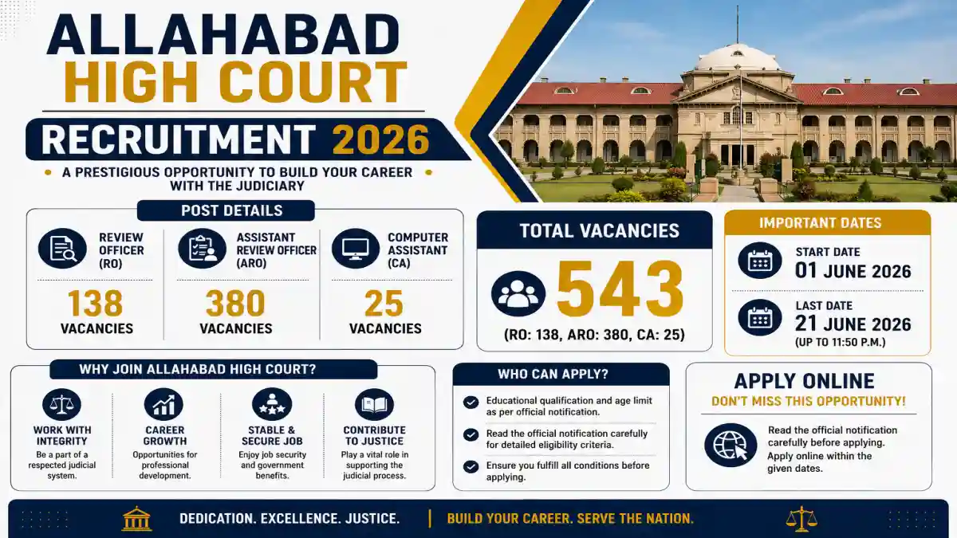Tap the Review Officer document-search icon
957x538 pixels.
pos(62,249)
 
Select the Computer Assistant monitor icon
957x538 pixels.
pos(356,249)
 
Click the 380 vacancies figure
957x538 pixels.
pos(235,303)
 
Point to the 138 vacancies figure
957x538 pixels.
pos(96,303)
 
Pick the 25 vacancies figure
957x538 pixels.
pos(384,303)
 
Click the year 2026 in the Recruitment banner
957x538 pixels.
pos(380,139)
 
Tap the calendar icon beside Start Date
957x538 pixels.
pos(759,261)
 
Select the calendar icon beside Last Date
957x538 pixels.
pos(759,317)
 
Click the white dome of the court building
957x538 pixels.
pos(738,57)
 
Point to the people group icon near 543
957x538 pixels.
pos(518,293)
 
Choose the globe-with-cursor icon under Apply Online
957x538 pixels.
pos(731,445)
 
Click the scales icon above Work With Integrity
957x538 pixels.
pos(62,404)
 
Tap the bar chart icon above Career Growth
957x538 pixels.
pos(163,404)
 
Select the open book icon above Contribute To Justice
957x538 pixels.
pos(374,404)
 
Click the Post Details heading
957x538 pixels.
pos(232,210)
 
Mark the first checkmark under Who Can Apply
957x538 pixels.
pos(471,403)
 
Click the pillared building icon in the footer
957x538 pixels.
pos(136,518)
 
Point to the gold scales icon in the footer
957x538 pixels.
pos(801,519)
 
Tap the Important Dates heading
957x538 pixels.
pos(821,223)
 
